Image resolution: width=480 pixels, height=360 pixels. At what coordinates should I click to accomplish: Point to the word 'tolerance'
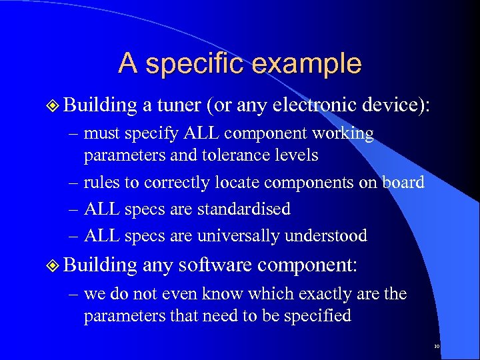click(245, 155)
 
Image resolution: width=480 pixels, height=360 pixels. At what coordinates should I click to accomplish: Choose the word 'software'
click(216, 265)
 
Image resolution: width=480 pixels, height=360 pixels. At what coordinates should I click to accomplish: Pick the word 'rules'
click(101, 183)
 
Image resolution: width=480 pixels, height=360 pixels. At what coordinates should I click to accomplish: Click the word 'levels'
click(301, 155)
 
